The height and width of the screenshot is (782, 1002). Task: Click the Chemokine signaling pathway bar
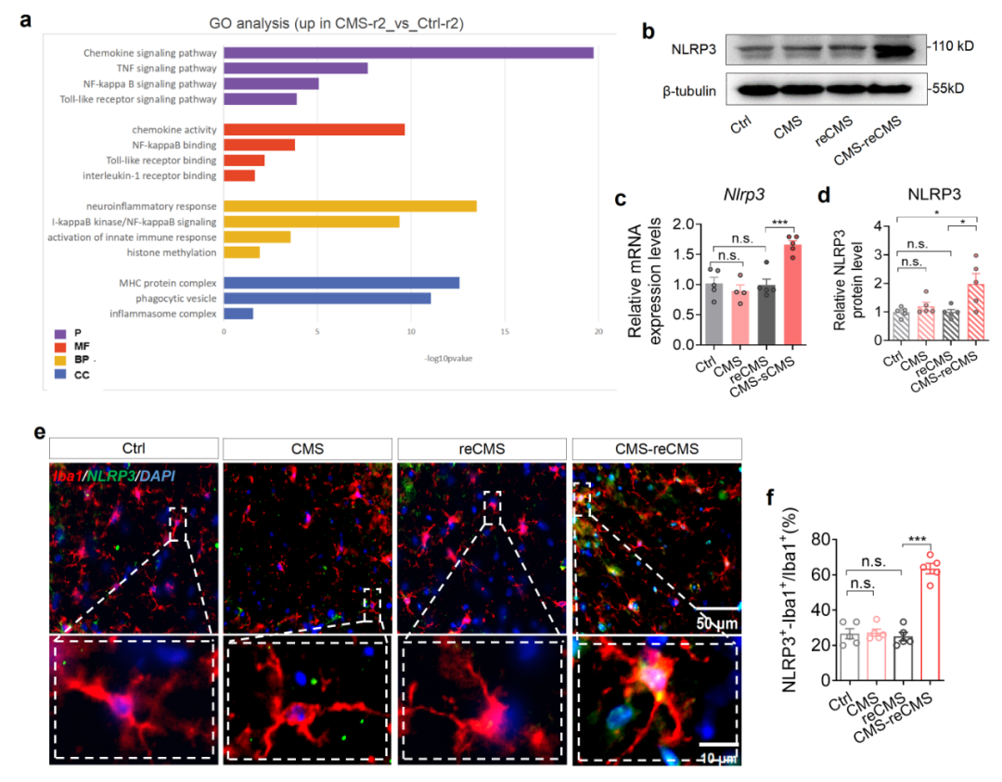click(x=408, y=53)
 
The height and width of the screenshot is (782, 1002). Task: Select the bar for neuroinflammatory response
click(x=350, y=206)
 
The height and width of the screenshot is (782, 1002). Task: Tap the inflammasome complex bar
click(x=238, y=314)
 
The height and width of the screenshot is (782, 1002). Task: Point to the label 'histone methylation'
click(x=172, y=252)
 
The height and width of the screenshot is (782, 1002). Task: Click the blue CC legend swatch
click(x=60, y=374)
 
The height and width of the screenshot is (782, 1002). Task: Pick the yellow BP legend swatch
click(x=60, y=359)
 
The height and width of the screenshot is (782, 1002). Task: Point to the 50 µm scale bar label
click(x=716, y=623)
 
